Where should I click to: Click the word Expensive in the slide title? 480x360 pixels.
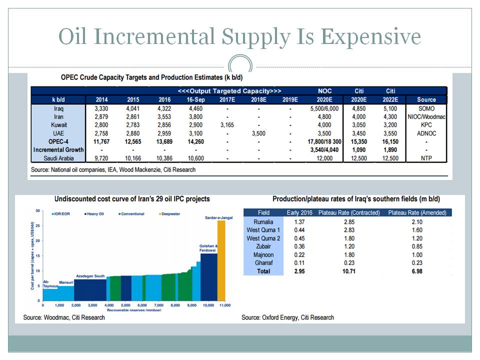pos(371,37)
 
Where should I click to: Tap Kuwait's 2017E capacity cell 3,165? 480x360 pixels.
pos(227,124)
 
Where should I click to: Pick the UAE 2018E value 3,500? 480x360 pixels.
pos(258,133)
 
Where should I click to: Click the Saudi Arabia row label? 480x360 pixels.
pos(58,158)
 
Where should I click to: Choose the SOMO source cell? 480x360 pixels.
pos(426,108)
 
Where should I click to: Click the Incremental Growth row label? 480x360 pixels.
pos(58,149)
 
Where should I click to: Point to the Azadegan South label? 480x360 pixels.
pos(90,276)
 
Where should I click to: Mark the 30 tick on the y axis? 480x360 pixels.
pos(37,210)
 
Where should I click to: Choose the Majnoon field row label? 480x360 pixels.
pos(263,254)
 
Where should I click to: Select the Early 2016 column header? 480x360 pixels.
pos(300,213)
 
